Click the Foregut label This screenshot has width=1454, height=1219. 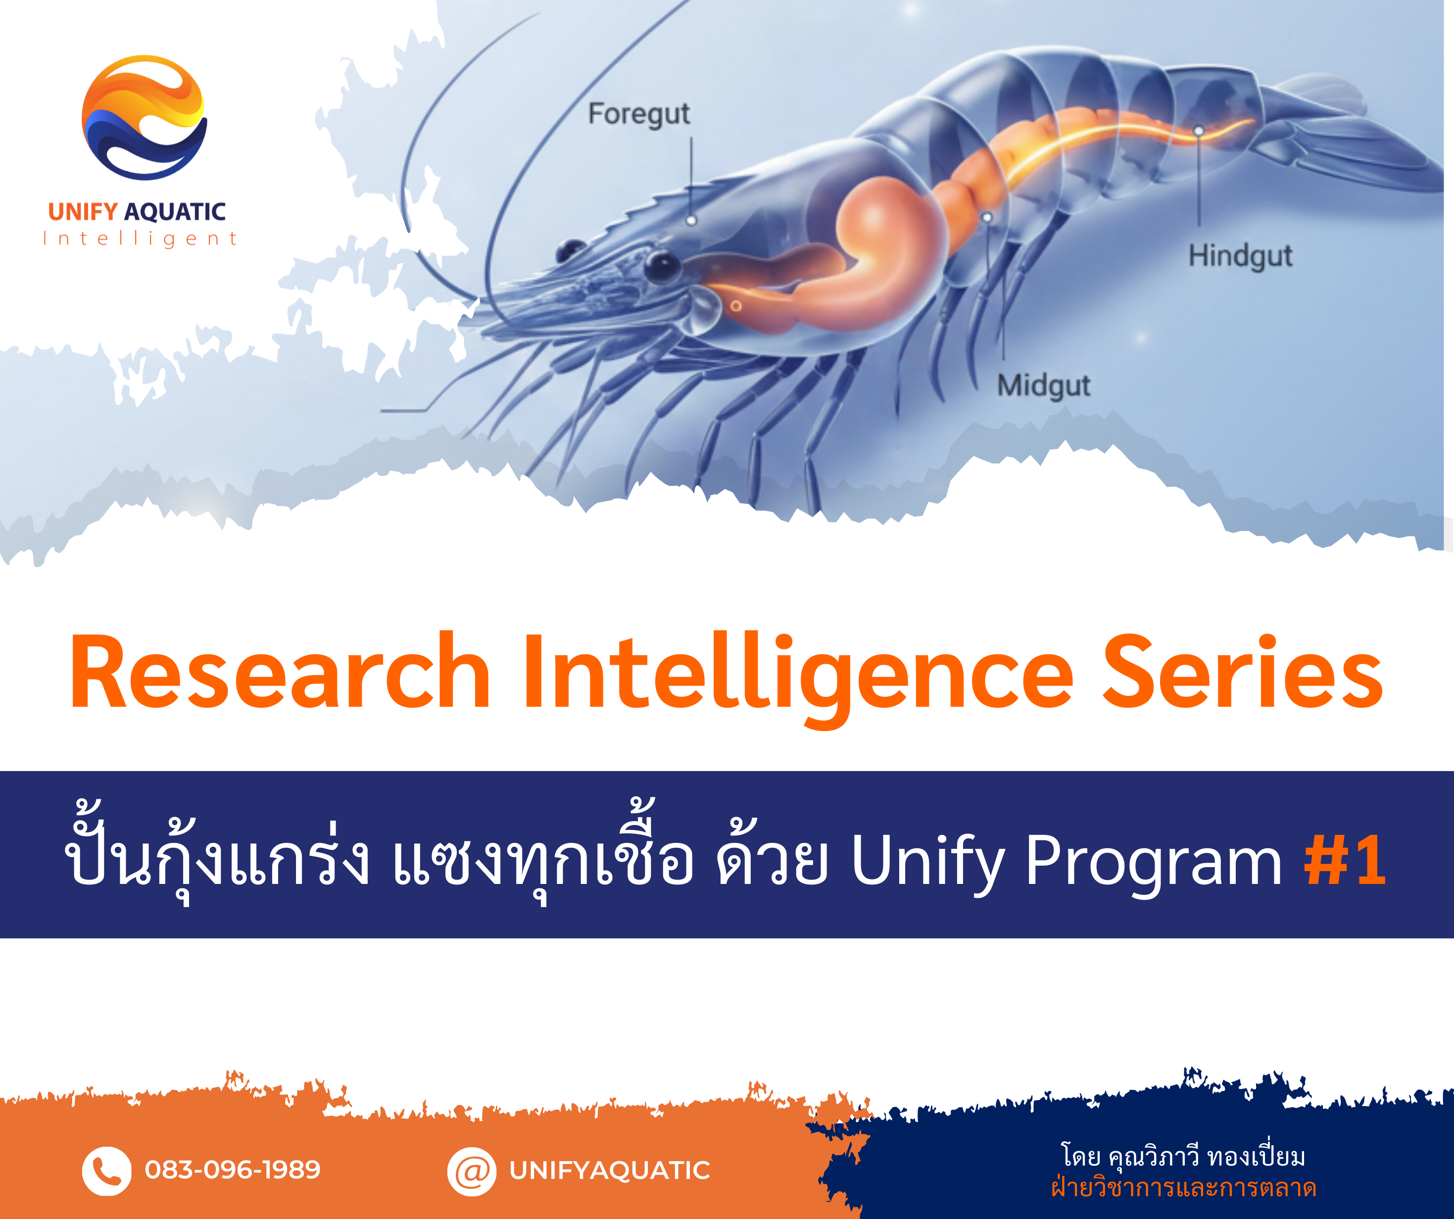point(638,114)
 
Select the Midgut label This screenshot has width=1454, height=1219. point(1043,385)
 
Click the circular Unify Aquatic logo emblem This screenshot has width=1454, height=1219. point(144,118)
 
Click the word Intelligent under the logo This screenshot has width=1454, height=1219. point(141,239)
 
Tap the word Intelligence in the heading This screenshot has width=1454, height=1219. point(796,675)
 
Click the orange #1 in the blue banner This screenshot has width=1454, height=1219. point(1345,860)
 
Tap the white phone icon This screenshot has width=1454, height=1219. point(106,1171)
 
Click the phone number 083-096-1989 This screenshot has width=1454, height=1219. point(233,1170)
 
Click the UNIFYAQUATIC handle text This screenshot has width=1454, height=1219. point(609,1170)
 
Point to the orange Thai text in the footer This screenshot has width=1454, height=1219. point(1183,1188)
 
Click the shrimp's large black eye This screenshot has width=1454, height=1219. point(663,265)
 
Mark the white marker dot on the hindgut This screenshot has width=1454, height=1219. point(1199,131)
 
